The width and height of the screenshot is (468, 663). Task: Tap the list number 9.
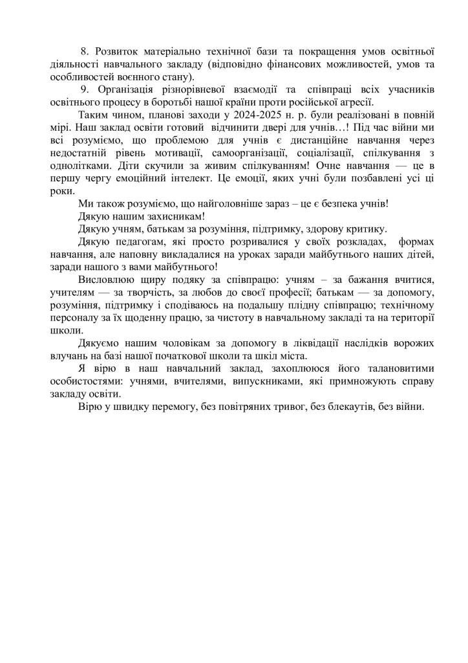[85, 89]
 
